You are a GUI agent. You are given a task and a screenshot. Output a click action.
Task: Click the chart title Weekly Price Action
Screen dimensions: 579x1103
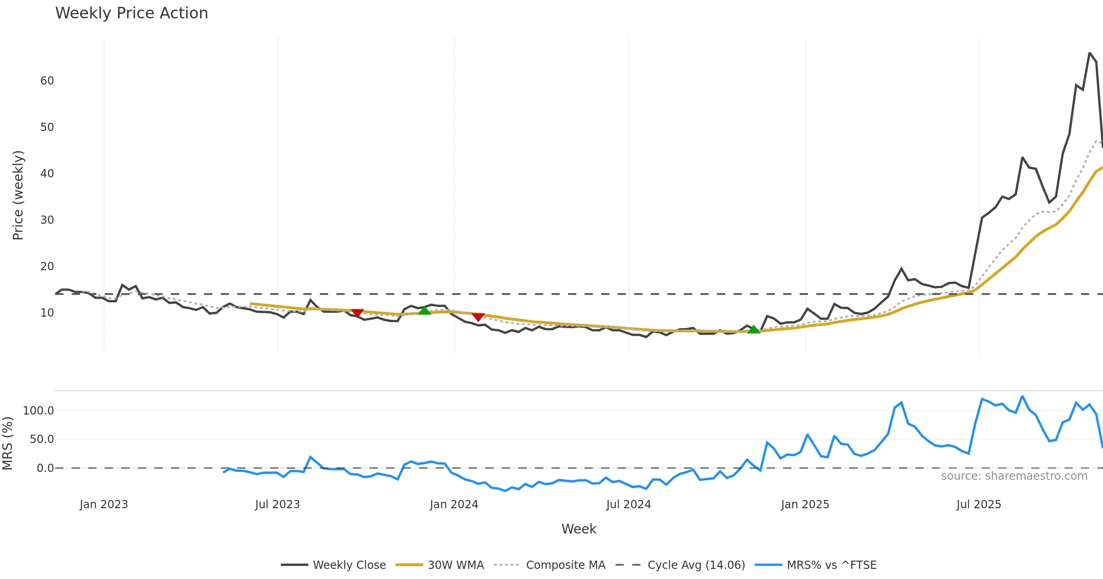131,13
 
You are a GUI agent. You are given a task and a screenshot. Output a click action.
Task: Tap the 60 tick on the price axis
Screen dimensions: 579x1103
47,81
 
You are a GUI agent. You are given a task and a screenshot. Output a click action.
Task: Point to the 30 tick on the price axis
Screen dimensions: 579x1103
47,220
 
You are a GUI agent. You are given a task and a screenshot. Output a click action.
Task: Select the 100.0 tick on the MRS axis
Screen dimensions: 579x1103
39,411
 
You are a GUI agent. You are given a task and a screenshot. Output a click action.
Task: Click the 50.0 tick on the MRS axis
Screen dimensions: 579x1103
42,439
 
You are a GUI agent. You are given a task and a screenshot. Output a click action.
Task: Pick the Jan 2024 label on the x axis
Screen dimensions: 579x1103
454,505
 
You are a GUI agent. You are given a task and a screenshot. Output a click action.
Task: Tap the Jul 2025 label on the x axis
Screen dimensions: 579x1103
978,505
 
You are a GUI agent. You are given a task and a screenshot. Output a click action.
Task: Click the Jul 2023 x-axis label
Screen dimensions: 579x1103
278,505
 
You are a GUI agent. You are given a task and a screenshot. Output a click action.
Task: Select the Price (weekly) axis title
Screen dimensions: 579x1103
18,195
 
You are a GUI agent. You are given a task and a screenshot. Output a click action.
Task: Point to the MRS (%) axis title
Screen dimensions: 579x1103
7,443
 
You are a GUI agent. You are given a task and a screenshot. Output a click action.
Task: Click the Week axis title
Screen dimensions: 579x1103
579,529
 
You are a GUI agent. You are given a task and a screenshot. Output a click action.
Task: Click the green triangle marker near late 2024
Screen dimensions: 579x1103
753,329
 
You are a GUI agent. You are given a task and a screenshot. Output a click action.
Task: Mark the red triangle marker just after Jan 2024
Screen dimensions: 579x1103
478,317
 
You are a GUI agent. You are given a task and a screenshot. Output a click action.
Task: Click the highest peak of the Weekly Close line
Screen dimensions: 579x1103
1090,53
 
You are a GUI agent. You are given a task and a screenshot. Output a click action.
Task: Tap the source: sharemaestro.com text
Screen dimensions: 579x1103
1014,476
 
